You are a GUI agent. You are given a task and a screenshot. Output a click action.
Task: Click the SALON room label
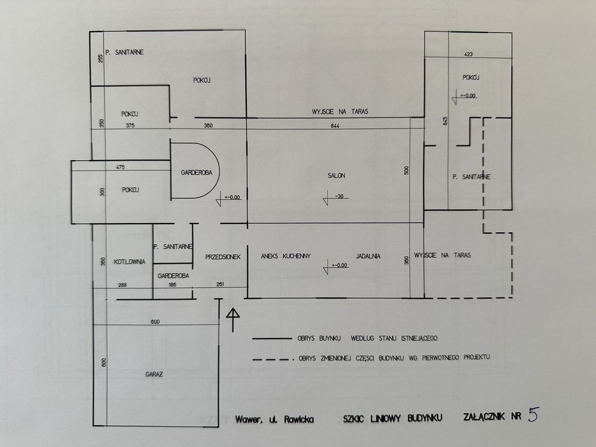point(336,176)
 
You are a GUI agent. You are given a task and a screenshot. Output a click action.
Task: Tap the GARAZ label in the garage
point(154,374)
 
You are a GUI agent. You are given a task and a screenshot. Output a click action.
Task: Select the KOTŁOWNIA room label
point(130,261)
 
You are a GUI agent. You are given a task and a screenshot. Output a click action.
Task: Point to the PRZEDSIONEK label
point(223,257)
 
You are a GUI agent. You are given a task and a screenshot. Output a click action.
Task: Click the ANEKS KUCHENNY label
point(286,256)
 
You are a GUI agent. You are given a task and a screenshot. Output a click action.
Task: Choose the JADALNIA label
point(368,256)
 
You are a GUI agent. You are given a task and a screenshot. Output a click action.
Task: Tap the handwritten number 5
point(534,414)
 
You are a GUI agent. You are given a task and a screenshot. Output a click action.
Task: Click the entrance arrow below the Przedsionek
point(233,320)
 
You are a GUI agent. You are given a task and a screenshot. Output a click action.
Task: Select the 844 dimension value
point(335,126)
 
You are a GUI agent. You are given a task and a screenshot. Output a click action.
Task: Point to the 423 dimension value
point(469,54)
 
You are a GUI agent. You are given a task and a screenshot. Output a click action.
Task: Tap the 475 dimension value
point(120,167)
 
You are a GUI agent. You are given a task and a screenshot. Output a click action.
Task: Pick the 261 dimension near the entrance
point(220,284)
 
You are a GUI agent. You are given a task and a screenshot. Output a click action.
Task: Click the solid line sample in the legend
point(272,338)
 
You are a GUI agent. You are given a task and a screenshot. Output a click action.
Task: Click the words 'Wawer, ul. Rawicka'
point(275,419)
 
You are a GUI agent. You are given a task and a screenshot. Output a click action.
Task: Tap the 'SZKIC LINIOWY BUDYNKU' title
point(393,418)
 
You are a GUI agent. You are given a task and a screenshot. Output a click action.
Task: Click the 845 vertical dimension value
point(445,121)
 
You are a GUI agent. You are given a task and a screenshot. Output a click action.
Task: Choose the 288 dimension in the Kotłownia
point(122,285)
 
